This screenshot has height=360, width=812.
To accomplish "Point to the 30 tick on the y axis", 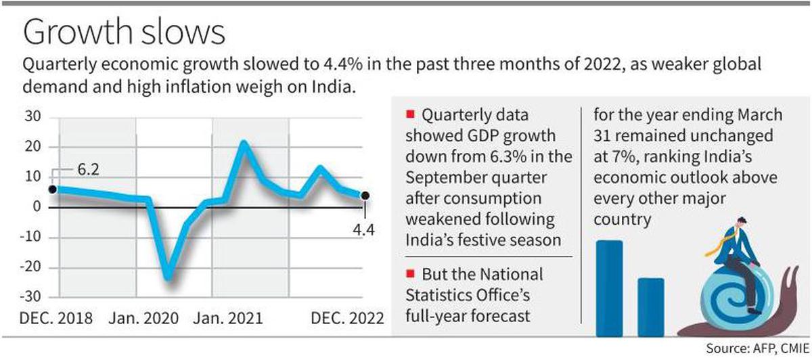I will pos(34,117).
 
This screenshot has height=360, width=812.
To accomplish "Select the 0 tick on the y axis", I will pos(38,207).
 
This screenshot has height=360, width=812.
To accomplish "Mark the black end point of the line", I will pos(365,196).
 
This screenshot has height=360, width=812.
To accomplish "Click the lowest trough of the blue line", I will pos(167,277).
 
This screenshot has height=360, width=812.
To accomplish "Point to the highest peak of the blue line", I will pos(244,143).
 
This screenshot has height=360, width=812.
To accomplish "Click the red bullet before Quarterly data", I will pos(410,113).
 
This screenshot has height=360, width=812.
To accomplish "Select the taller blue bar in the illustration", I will pos(609,288).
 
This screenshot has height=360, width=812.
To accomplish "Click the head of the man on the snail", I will pos(743,223).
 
